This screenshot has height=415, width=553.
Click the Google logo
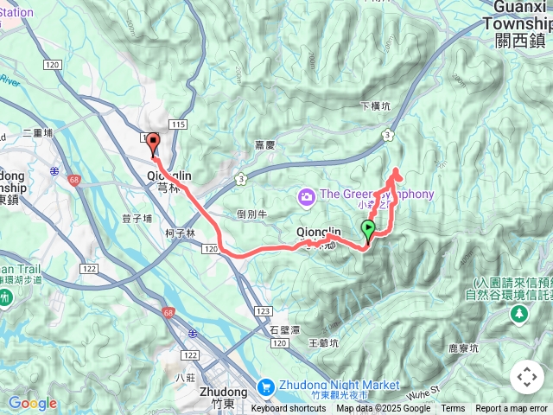coord(32,403)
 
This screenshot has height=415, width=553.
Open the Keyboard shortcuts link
coord(289,409)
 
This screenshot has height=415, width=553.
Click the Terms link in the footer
coord(453,409)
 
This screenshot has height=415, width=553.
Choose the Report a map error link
coord(512,409)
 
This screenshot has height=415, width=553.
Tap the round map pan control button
coord(527,377)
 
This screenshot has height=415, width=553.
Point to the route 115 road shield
coord(179,125)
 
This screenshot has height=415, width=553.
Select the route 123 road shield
coord(264,310)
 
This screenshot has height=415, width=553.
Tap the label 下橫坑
coord(375,106)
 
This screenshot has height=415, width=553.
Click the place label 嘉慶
coord(265,145)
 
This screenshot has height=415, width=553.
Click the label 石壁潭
coord(283,329)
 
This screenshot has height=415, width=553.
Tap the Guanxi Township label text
coord(520,24)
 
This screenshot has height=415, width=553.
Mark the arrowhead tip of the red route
coord(397,169)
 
